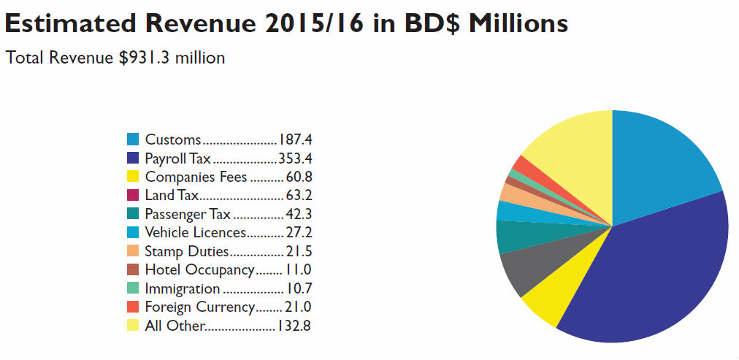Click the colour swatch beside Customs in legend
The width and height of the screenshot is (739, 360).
(x=133, y=139)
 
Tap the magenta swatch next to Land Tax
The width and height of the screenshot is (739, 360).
(x=133, y=195)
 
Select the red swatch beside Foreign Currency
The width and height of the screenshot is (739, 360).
(x=133, y=307)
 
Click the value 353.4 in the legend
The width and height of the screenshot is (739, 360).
(x=295, y=158)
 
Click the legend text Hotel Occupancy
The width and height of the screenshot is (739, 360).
(x=199, y=269)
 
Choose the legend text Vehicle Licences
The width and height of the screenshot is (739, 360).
(x=195, y=232)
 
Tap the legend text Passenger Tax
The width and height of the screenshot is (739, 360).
(x=188, y=214)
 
